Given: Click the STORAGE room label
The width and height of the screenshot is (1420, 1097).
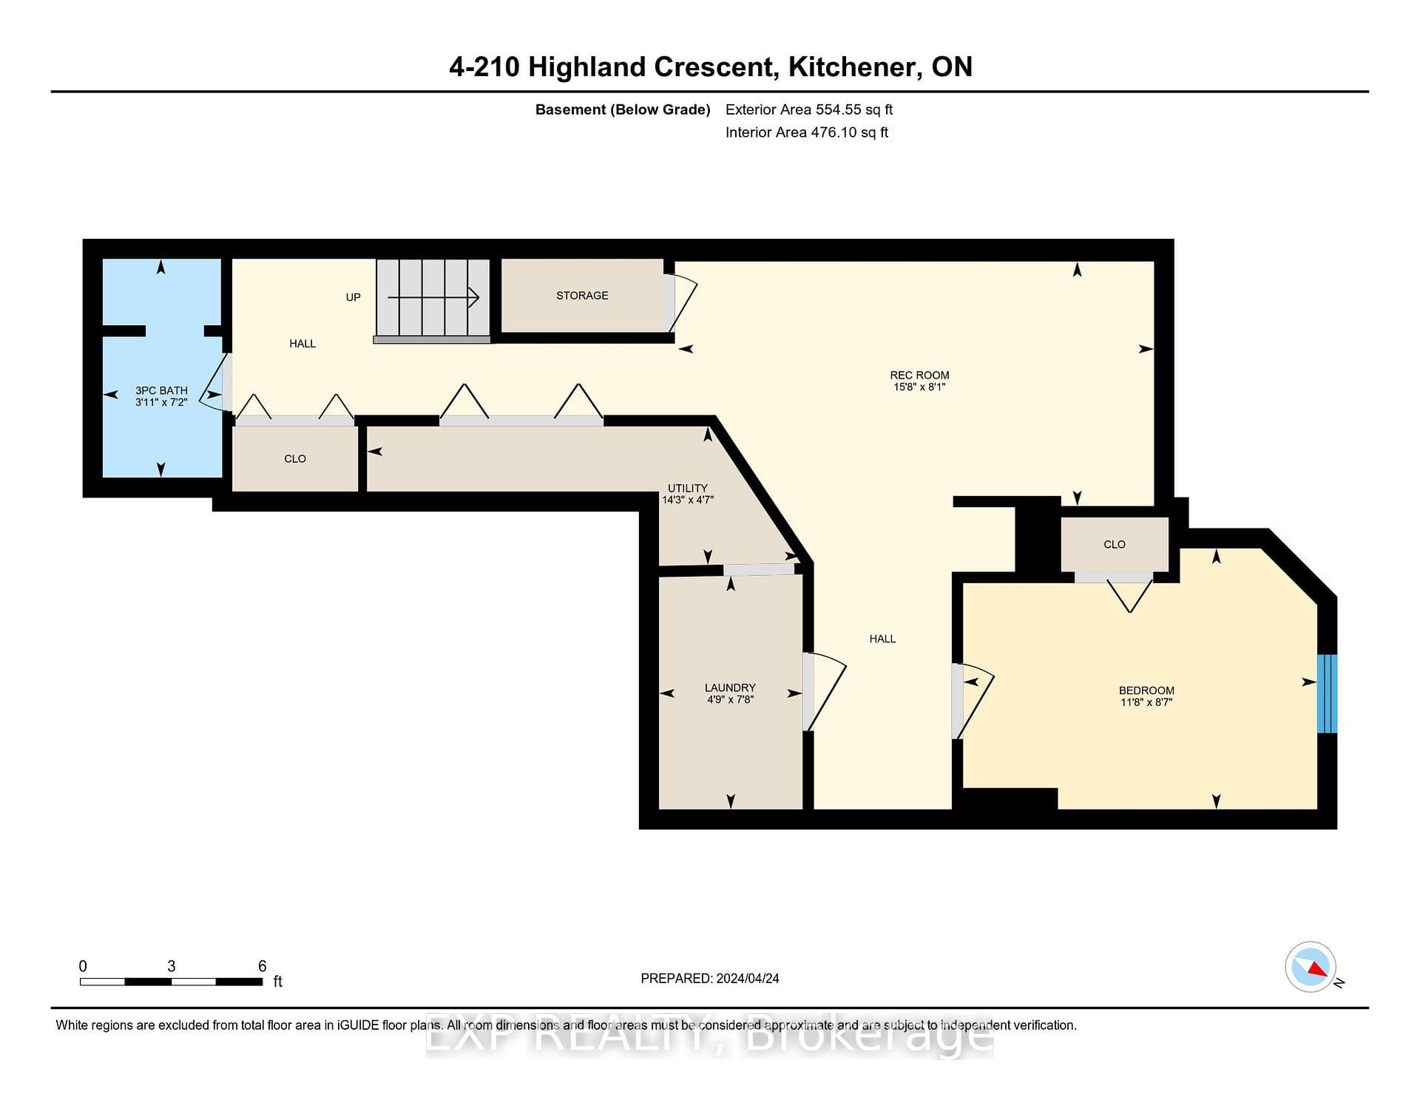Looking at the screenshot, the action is pyautogui.click(x=582, y=296).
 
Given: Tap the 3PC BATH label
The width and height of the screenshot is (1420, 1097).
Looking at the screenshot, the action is pyautogui.click(x=161, y=390).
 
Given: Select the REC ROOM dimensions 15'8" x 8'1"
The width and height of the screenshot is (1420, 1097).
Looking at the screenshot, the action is pyautogui.click(x=919, y=387).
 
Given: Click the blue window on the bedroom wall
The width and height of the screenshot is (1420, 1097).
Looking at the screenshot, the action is pyautogui.click(x=1327, y=693).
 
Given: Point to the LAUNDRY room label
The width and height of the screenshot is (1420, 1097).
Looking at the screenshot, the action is pyautogui.click(x=730, y=687).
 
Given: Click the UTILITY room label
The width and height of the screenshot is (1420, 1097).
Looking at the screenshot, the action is pyautogui.click(x=688, y=488).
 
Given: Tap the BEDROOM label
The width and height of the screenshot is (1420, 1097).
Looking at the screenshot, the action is pyautogui.click(x=1146, y=690).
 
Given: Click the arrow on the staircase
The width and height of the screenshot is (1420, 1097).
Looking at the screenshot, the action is pyautogui.click(x=433, y=298).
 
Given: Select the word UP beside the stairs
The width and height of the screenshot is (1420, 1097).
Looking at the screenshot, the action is pyautogui.click(x=354, y=297).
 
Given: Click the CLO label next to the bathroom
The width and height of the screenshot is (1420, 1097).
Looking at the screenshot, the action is pyautogui.click(x=295, y=459).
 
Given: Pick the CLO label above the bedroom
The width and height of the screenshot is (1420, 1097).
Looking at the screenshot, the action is pyautogui.click(x=1115, y=545).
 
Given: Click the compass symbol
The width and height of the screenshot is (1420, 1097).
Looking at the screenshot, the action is pyautogui.click(x=1311, y=966).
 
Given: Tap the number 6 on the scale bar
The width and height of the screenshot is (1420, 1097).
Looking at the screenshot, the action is pyautogui.click(x=262, y=966).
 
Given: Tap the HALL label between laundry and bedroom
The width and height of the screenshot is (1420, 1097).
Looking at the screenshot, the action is pyautogui.click(x=882, y=639).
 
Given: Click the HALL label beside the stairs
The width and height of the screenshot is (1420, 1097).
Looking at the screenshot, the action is pyautogui.click(x=302, y=344).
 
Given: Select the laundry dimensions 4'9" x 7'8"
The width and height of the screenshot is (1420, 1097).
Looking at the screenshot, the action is pyautogui.click(x=730, y=699).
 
